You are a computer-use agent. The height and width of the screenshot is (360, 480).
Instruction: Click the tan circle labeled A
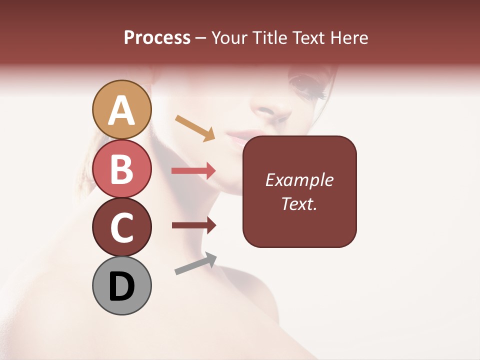point(121,109)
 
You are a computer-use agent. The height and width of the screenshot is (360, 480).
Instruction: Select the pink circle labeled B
point(121,168)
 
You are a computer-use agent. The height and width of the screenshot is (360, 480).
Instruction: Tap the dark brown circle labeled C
point(121,227)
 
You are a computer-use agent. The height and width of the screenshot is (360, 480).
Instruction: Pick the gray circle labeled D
point(121,285)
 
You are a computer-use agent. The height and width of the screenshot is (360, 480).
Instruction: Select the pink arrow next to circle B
point(193,171)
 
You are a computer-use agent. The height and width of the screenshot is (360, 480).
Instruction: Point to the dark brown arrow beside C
point(193,225)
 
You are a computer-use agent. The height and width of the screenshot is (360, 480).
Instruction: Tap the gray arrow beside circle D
point(195,263)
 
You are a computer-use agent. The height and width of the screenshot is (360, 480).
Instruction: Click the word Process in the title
point(157,38)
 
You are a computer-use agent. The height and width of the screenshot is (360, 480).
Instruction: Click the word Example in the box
point(299,180)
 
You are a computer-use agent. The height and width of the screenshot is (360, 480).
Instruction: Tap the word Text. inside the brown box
point(299,203)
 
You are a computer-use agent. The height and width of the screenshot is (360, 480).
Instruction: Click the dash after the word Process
point(201,38)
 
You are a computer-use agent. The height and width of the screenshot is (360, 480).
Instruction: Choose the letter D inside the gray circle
point(121,286)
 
